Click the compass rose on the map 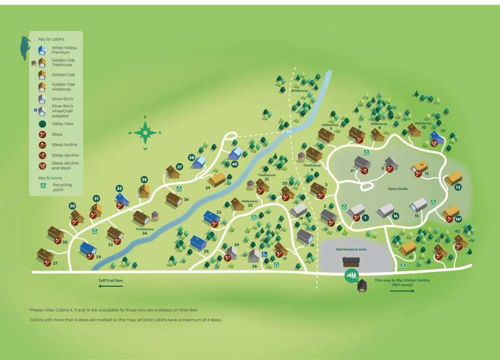tap(145, 132)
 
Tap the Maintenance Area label tap(351, 249)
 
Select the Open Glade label tap(397, 188)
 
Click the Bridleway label tap(300, 91)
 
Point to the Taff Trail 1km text tap(110, 281)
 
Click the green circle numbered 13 tap(458, 187)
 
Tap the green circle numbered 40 tap(234, 164)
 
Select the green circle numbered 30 tap(72, 206)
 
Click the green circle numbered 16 tap(396, 216)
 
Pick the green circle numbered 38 tap(192, 157)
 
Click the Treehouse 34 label tap(144, 231)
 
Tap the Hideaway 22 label tap(249, 202)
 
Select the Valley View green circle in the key tap(42, 124)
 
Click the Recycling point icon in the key tap(42, 186)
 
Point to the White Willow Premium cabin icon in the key tap(42, 50)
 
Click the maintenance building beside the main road tap(352, 261)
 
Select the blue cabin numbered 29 tap(88, 250)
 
